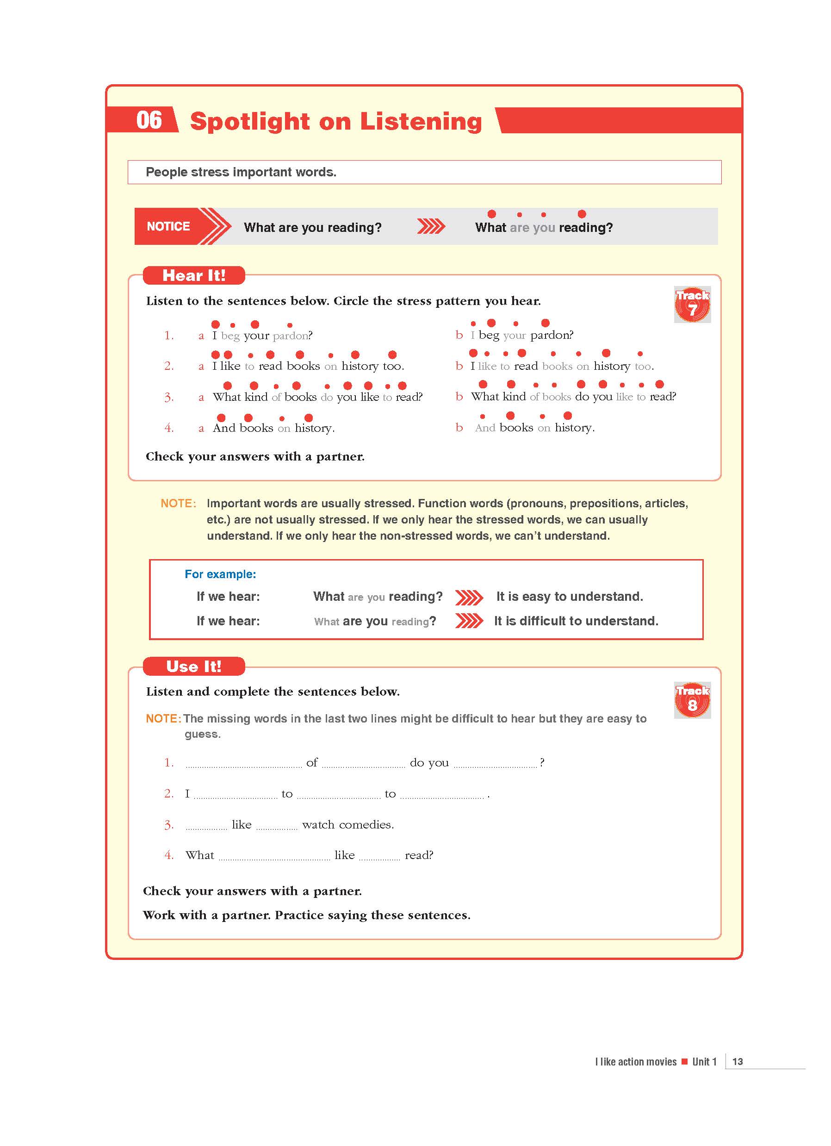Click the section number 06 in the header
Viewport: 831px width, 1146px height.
click(149, 120)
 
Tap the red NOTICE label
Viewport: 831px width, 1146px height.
click(168, 226)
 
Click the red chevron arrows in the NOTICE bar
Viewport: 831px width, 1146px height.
click(431, 227)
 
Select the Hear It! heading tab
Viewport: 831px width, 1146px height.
click(194, 275)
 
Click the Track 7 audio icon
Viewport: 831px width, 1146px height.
click(692, 305)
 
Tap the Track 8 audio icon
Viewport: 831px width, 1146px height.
click(692, 700)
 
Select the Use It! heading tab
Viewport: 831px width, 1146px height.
click(194, 666)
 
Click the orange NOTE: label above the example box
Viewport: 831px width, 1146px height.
click(178, 503)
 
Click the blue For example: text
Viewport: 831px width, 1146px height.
click(220, 574)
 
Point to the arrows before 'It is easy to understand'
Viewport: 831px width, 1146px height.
click(469, 597)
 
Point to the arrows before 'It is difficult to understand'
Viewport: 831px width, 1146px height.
click(469, 621)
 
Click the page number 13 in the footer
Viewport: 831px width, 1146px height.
click(737, 1062)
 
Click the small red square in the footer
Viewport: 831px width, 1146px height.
click(684, 1061)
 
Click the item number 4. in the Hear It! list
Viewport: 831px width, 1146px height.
click(169, 428)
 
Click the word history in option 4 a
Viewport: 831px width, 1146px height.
click(314, 429)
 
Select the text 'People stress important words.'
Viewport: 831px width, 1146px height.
click(241, 172)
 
